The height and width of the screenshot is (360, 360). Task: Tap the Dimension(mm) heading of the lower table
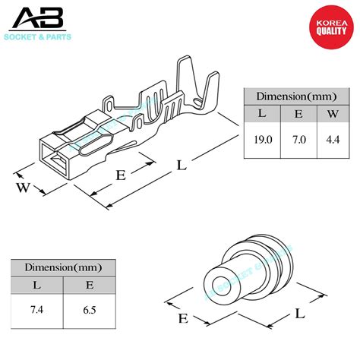tap(64, 267)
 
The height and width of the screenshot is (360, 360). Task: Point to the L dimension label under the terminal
tap(180, 163)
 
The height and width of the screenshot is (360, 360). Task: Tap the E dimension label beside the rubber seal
tap(182, 318)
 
